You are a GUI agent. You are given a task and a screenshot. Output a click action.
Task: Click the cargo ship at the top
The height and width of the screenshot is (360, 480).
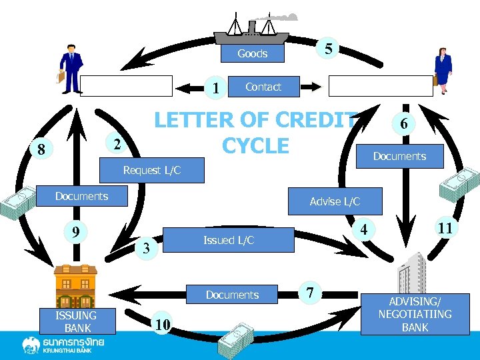coord(251,29)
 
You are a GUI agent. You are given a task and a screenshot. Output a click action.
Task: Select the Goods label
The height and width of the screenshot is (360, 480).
coord(253,54)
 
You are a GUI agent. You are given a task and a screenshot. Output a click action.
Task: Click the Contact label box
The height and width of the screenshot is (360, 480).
coord(263,87)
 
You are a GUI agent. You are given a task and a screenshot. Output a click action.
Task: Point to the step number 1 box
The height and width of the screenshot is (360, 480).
coord(216,88)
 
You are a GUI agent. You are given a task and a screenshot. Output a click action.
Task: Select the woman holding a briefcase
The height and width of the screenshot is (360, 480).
coord(442,71)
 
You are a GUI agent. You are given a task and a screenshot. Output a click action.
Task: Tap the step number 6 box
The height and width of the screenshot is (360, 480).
coord(402,124)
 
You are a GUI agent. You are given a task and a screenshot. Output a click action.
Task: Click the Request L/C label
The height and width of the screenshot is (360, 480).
coord(151,170)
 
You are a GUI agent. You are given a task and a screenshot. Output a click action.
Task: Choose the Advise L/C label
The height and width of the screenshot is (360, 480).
coord(335,201)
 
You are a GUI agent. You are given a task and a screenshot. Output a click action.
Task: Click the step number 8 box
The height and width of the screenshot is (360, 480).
coord(41,149)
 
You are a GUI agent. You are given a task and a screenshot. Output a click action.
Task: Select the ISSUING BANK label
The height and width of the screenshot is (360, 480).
coord(76,321)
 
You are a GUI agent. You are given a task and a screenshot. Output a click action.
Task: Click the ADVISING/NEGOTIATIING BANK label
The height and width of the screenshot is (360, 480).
coord(415,314)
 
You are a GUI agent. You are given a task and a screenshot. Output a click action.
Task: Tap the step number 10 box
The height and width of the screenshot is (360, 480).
coord(163,325)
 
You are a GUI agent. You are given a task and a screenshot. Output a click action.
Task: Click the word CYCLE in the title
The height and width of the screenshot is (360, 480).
coord(257,145)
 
